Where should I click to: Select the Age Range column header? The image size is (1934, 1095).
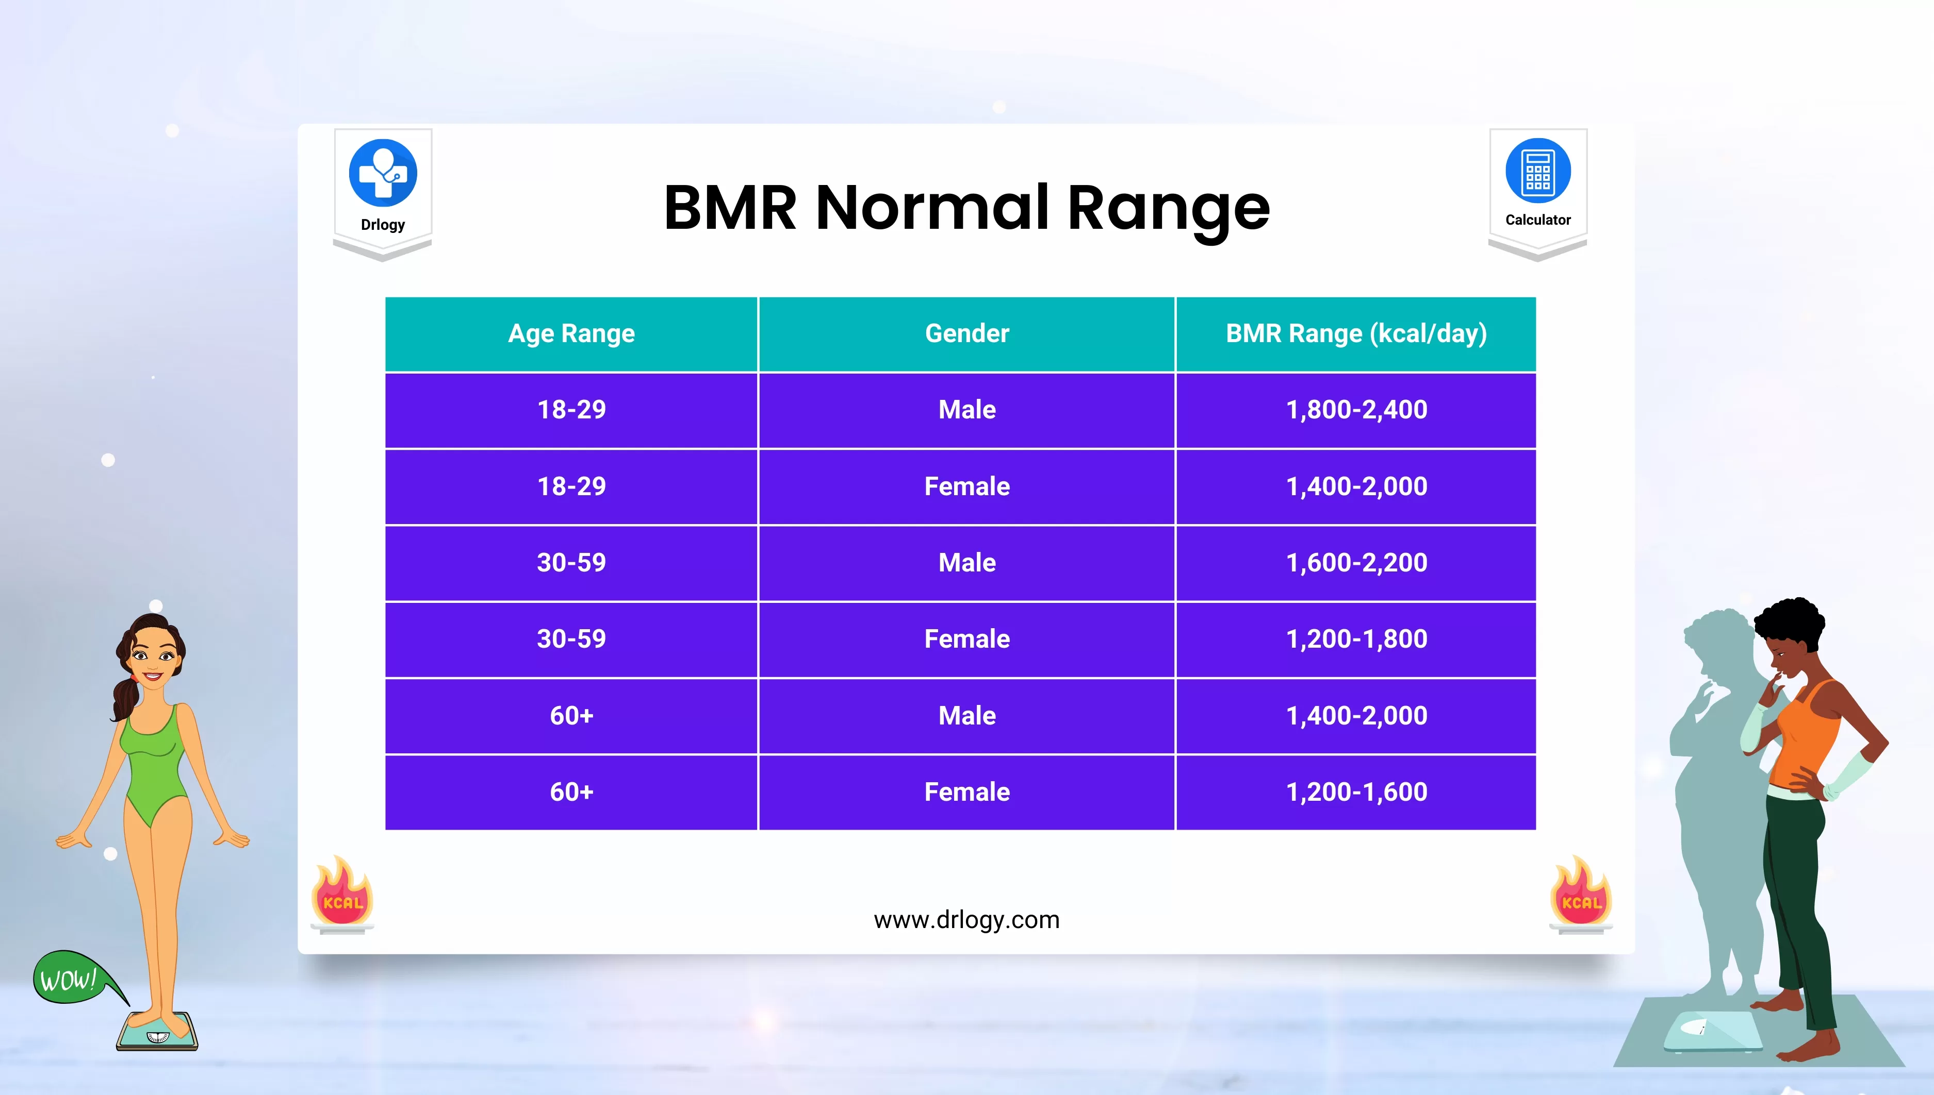coord(571,334)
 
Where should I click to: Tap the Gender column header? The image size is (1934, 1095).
coord(967,334)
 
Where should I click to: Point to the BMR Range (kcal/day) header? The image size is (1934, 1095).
coord(1356,334)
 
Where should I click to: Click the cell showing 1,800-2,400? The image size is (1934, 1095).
coord(1356,410)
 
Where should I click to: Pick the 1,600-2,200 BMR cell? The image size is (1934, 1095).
coord(1356,563)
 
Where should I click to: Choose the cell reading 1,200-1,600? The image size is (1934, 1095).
coord(1356,792)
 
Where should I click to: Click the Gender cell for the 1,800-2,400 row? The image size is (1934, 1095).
coord(967,410)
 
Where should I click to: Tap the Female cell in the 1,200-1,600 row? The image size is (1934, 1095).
coord(967,792)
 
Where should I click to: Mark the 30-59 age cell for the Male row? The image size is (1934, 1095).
coord(571,563)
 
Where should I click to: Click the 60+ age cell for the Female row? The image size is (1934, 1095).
coord(571,792)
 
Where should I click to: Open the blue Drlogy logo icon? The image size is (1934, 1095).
coord(383,173)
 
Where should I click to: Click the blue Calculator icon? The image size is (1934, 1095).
coord(1538,171)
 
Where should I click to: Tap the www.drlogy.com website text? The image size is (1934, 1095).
coord(966,920)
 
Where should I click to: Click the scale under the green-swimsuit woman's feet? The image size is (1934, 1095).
coord(157,1032)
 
